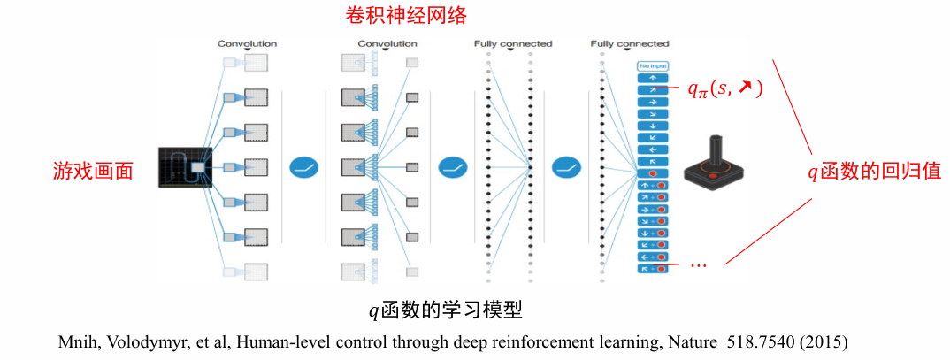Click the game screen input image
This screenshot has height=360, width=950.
[x=181, y=166]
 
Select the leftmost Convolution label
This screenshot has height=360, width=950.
[x=247, y=43]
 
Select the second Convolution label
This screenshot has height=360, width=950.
[x=387, y=43]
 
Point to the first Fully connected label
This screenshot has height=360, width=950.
[x=512, y=43]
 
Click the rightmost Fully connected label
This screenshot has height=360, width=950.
[x=630, y=43]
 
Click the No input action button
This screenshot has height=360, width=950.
[x=653, y=65]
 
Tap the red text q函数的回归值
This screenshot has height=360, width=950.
[x=871, y=171]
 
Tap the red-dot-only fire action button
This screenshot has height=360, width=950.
[x=653, y=174]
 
